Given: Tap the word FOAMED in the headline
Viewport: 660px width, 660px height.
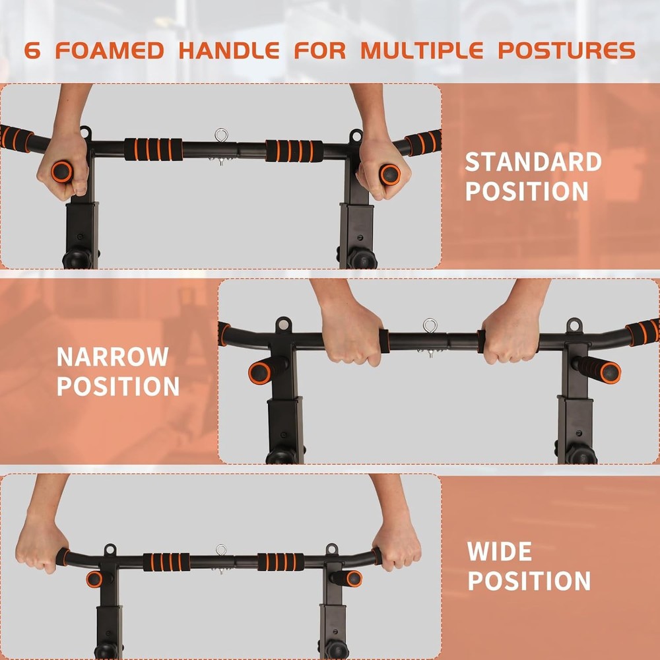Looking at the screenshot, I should point(109,51).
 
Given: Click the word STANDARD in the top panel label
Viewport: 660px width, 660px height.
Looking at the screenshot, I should point(533,162).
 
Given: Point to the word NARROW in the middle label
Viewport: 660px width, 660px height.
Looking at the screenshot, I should point(112,357).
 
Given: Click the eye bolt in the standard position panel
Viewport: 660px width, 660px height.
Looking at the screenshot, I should point(221,137).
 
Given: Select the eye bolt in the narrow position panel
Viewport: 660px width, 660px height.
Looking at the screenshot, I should point(430,326).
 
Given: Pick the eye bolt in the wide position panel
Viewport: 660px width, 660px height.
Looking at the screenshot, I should point(221,550).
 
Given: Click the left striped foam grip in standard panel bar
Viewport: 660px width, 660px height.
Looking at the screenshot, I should point(153,150).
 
